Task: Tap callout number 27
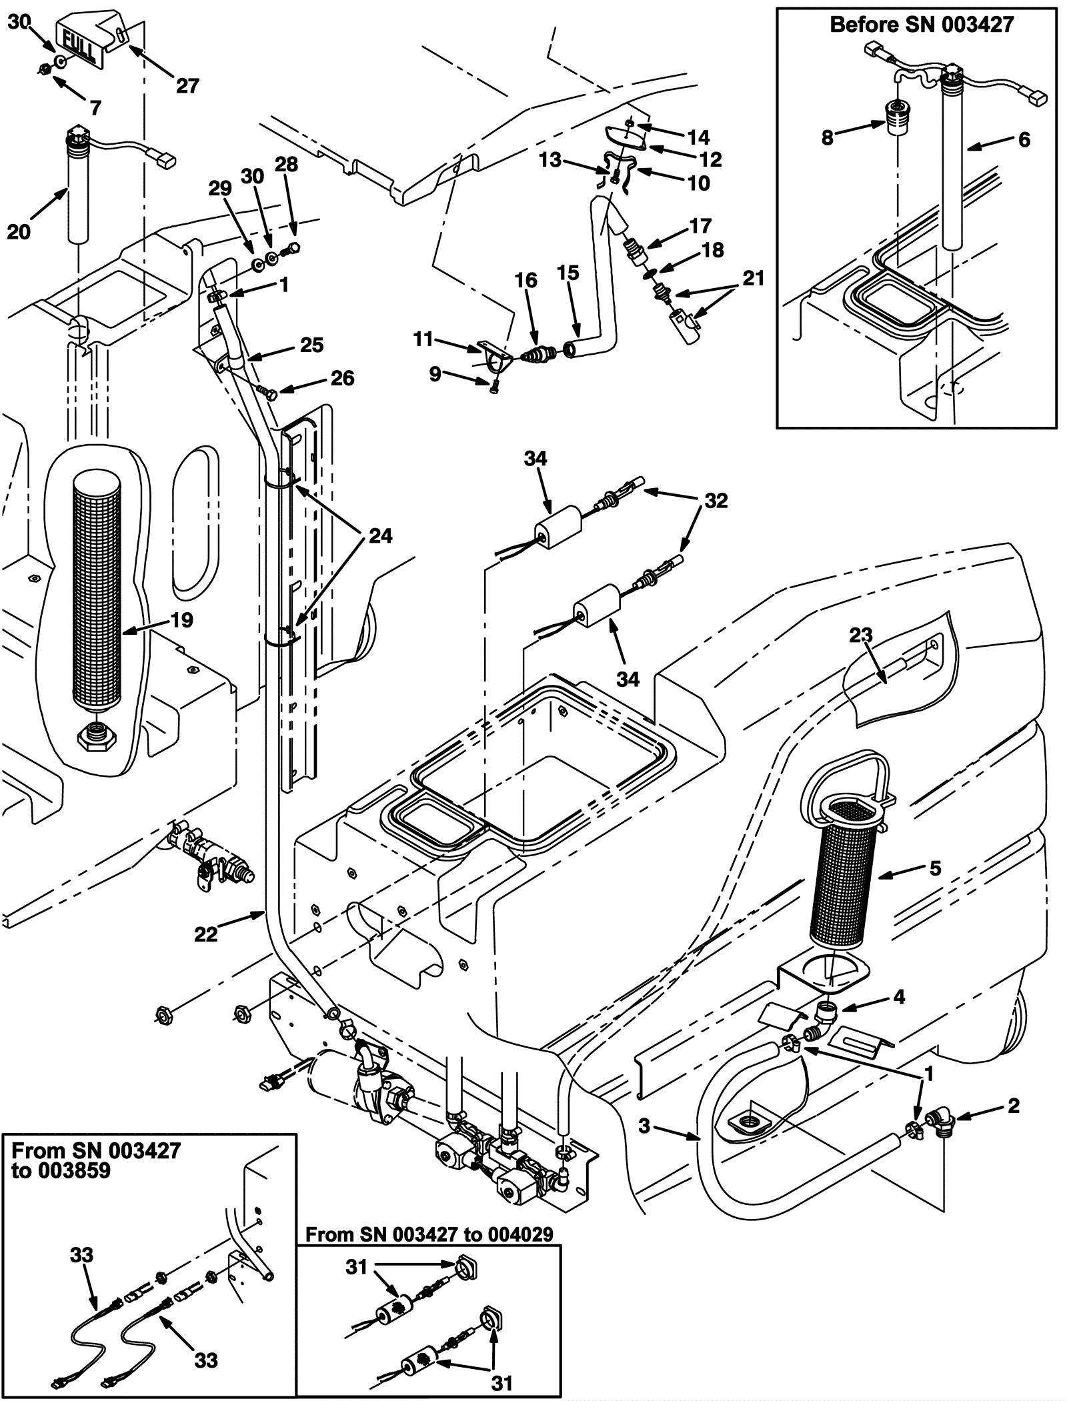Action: point(188,86)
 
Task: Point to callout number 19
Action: point(181,620)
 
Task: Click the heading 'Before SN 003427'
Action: point(921,25)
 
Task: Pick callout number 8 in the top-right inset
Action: point(828,138)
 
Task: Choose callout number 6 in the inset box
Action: point(1024,139)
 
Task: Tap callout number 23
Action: point(860,635)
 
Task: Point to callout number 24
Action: point(380,535)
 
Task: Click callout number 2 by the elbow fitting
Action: point(1014,1106)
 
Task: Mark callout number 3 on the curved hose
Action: point(644,1126)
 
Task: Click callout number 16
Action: point(525,281)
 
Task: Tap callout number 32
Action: point(716,500)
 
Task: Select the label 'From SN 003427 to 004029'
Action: point(429,1234)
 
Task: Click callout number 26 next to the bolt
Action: point(342,378)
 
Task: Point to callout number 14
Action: point(698,137)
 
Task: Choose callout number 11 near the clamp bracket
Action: point(423,339)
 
